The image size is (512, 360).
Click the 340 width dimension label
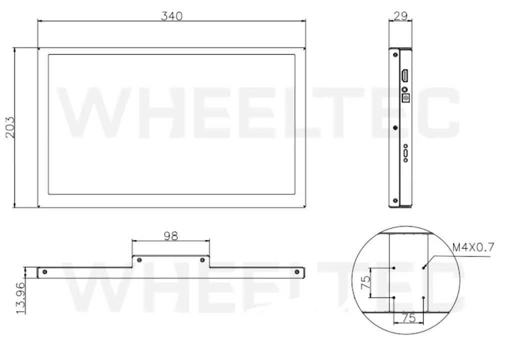coord(171,15)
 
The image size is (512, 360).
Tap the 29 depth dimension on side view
coord(400,15)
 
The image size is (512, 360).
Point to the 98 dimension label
coord(170,235)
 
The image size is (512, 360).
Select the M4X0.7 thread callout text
coord(473,246)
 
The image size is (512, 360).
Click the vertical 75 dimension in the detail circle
coord(365,282)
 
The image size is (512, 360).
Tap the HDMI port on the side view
coord(404,76)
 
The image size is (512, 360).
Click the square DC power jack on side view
coord(406,98)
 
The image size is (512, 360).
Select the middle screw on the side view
coord(395,127)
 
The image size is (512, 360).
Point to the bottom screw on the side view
coord(395,201)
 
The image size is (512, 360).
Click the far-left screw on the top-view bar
coord(45,272)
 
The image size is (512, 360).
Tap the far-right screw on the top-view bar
coord(297,272)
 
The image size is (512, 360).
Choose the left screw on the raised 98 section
coord(139,260)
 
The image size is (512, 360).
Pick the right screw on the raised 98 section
coord(202,260)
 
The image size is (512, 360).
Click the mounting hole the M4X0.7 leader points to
coord(423,267)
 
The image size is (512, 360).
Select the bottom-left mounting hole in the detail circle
coord(394,297)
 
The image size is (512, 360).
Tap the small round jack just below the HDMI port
coord(404,89)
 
